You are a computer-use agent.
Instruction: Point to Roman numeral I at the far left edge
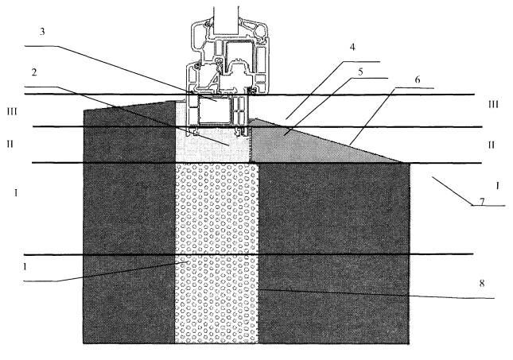(16, 193)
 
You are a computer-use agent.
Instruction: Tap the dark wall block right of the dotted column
(334, 254)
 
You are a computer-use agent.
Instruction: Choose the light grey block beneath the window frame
(211, 147)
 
